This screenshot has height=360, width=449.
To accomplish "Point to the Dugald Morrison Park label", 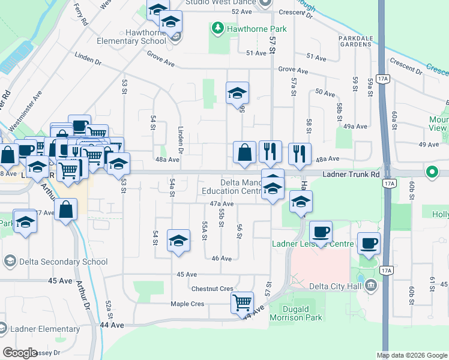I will (x=296, y=313).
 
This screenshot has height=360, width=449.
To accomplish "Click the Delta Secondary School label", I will (x=63, y=262).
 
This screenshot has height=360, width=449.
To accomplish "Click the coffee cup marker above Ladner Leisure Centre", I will (x=321, y=231).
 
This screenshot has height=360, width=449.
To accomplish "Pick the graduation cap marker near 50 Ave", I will (x=237, y=93).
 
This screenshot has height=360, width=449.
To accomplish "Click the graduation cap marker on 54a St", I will (x=178, y=241).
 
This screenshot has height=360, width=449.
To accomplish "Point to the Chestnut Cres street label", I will (x=212, y=289).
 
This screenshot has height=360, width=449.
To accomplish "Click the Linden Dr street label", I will (x=181, y=140).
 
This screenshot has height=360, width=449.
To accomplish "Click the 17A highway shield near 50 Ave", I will (x=384, y=79).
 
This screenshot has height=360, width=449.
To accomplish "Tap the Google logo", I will (x=20, y=353).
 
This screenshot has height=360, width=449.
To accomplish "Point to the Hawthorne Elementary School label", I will (x=145, y=37).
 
